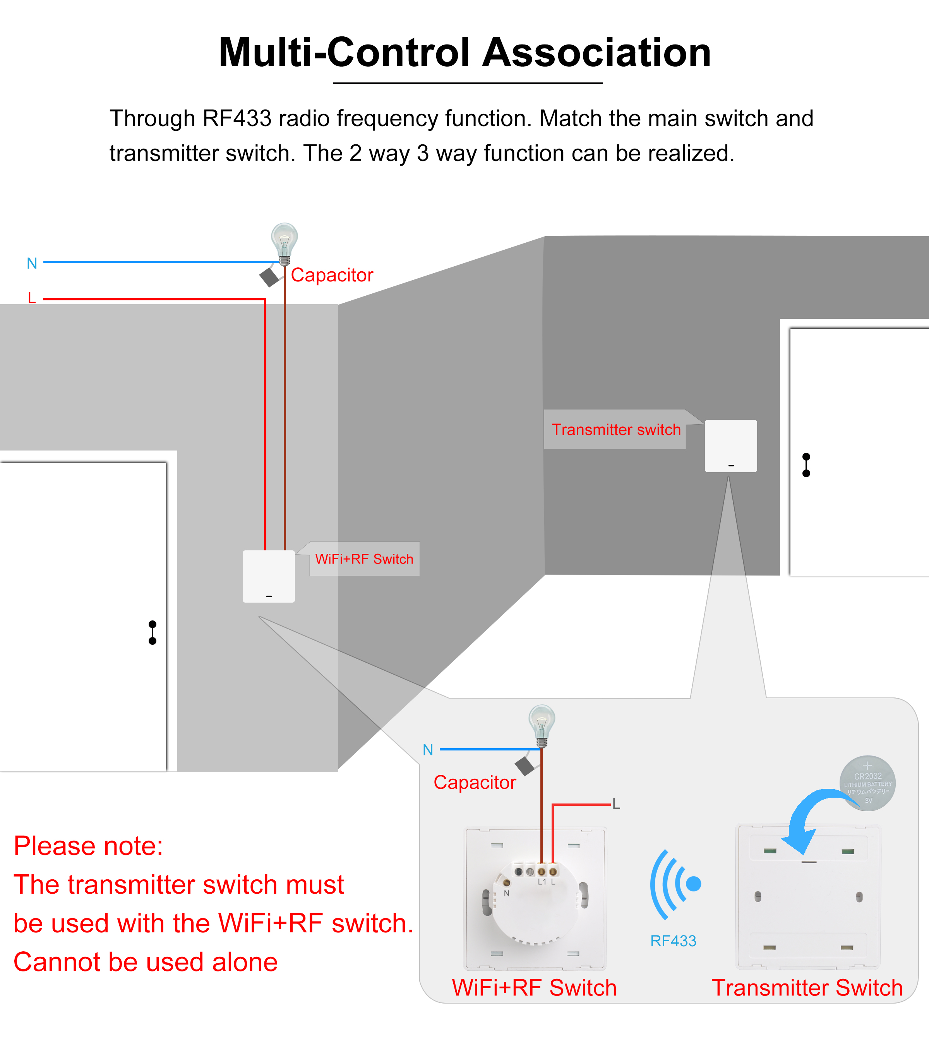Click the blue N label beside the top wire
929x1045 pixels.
[x=32, y=263]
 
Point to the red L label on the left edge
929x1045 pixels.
[x=32, y=298]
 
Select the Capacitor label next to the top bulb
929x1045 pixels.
[x=332, y=275]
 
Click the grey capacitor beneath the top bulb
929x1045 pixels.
[x=269, y=277]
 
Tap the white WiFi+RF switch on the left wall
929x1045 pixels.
[x=268, y=576]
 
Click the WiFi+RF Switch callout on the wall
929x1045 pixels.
[x=364, y=559]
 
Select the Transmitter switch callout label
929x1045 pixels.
[x=616, y=430]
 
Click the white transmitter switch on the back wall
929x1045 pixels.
[x=731, y=446]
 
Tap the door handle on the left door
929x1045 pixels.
[x=153, y=632]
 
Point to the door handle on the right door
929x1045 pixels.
[x=806, y=465]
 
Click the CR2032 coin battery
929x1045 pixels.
[x=867, y=783]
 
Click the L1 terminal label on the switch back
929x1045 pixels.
[x=542, y=882]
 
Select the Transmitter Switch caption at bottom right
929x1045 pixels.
[x=807, y=988]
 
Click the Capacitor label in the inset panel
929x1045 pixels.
[x=475, y=782]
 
